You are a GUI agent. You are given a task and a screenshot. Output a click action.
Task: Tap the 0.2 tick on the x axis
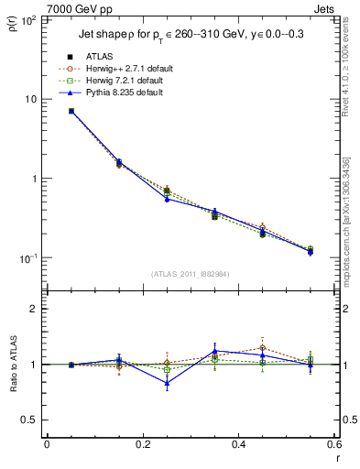142,445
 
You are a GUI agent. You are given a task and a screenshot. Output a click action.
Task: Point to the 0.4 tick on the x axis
238,445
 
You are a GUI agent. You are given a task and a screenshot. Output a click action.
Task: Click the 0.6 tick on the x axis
333,445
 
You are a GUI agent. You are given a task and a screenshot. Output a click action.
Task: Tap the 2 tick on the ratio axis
32,309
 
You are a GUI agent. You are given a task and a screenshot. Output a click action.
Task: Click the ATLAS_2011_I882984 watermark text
190,274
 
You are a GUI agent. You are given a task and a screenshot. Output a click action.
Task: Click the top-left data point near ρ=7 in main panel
71,111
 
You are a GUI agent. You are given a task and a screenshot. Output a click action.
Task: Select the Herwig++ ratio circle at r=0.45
262,348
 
